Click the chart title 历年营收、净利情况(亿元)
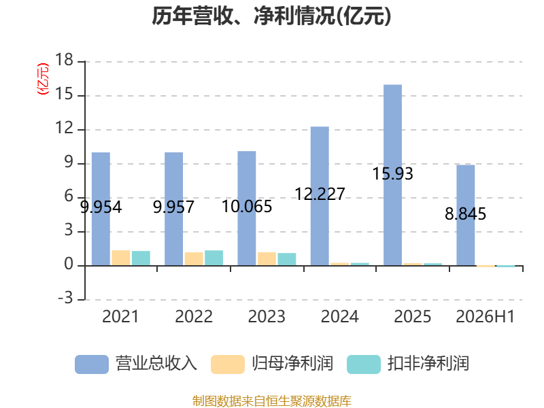pyautogui.click(x=271, y=16)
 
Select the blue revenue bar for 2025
pyautogui.click(x=393, y=175)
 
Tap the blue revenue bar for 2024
pyautogui.click(x=320, y=196)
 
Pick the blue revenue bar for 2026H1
pyautogui.click(x=466, y=215)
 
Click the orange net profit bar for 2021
pyautogui.click(x=121, y=258)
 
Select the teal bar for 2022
pyautogui.click(x=214, y=258)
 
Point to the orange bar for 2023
pyautogui.click(x=267, y=259)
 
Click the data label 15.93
pyautogui.click(x=393, y=174)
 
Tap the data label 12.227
pyautogui.click(x=320, y=194)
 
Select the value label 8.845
pyautogui.click(x=466, y=214)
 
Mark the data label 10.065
pyautogui.click(x=247, y=207)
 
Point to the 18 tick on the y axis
pyautogui.click(x=64, y=60)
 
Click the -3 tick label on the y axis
pyautogui.click(x=65, y=298)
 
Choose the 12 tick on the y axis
pyautogui.click(x=64, y=129)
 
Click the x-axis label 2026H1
pyautogui.click(x=485, y=316)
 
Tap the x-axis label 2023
pyautogui.click(x=267, y=316)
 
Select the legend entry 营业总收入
pyautogui.click(x=136, y=364)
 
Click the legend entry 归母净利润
pyautogui.click(x=272, y=364)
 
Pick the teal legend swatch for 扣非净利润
pyautogui.click(x=364, y=364)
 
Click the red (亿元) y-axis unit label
pyautogui.click(x=43, y=79)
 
